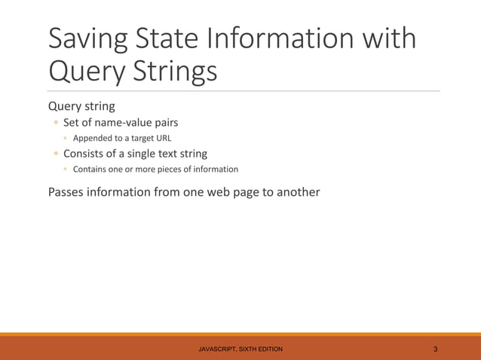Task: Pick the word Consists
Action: point(89,154)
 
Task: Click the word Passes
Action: point(68,191)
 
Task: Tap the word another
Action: point(296,191)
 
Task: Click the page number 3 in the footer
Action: point(436,349)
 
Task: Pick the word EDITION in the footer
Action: point(268,349)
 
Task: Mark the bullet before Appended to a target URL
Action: point(66,139)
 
